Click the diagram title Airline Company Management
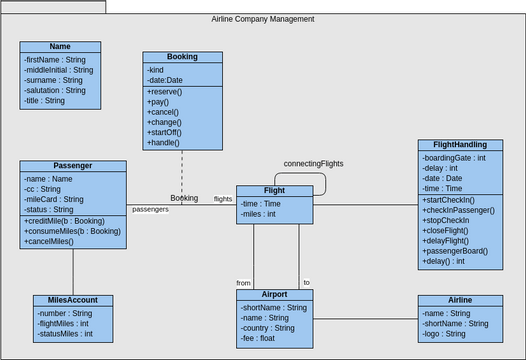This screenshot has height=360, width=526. tap(263, 19)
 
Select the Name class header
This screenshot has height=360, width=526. tap(60, 46)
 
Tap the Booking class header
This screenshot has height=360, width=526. tap(182, 57)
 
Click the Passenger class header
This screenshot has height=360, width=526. tap(73, 166)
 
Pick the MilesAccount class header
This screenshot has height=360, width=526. tap(73, 300)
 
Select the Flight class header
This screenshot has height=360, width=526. tap(274, 190)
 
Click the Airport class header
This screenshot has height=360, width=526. tap(274, 295)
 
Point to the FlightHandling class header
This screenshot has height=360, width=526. tap(459, 145)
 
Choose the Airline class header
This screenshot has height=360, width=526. tap(459, 300)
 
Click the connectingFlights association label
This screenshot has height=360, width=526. tap(313, 163)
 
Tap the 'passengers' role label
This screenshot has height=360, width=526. tap(150, 210)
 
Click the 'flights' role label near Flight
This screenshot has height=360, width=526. tap(223, 199)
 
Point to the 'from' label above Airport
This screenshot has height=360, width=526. tap(243, 282)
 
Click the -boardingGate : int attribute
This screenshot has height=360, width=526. tap(455, 157)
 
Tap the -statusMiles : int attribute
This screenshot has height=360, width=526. tap(65, 334)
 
